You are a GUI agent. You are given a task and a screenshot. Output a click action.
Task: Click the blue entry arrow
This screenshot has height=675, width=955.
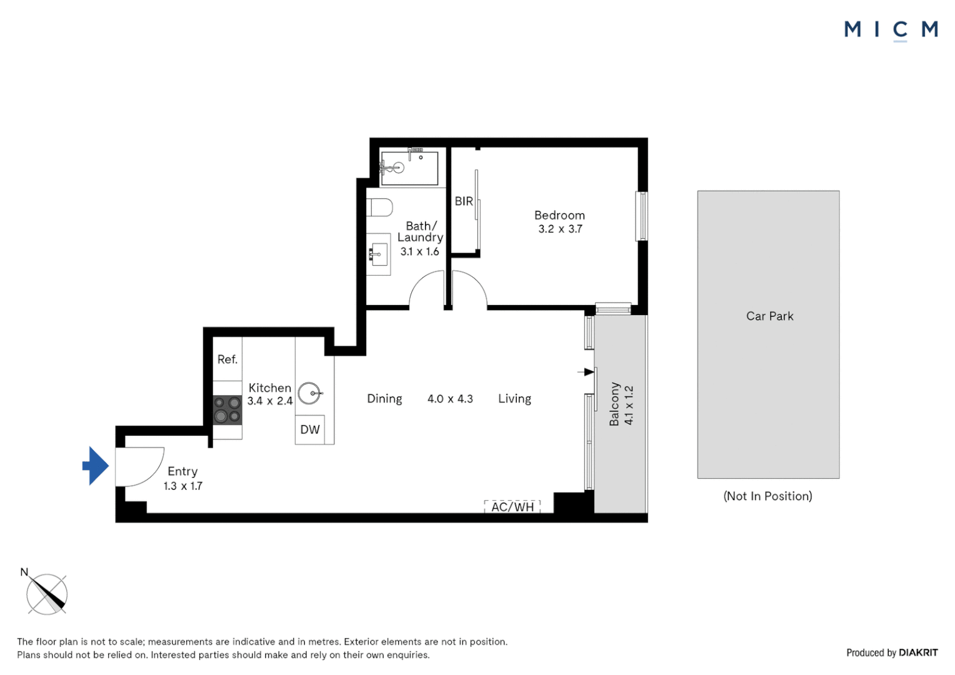click(x=96, y=466)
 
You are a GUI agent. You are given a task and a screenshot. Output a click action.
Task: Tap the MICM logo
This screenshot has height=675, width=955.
click(x=891, y=29)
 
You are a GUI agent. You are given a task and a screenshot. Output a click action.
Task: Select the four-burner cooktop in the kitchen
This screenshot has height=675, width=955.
click(x=227, y=409)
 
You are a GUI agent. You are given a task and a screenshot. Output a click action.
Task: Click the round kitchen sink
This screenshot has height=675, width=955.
click(x=309, y=393)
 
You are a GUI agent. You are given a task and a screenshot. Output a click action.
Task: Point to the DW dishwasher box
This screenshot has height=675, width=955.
click(x=310, y=429)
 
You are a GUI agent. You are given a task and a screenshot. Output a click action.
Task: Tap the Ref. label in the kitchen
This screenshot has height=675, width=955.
click(x=227, y=359)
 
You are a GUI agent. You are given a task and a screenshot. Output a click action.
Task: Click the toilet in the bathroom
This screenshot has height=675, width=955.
click(x=380, y=207)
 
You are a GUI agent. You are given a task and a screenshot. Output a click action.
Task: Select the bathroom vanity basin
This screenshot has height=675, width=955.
click(x=377, y=254)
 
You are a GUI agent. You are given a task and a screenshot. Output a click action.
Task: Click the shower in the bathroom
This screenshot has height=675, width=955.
click(x=409, y=167)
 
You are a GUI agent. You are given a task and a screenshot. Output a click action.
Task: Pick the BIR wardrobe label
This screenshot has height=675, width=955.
click(x=464, y=201)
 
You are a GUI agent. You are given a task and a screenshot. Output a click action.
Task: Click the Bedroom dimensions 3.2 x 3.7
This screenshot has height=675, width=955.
click(x=560, y=229)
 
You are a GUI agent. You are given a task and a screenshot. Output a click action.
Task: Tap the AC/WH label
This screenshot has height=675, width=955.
click(x=512, y=507)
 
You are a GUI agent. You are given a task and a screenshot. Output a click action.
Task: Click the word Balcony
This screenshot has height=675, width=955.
click(x=614, y=404)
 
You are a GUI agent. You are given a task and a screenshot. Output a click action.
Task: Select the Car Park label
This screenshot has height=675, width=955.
click(x=769, y=316)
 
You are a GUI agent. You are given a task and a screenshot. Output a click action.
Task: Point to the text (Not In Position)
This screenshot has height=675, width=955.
click(x=767, y=496)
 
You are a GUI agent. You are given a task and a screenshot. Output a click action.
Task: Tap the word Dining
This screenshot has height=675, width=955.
click(x=384, y=399)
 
